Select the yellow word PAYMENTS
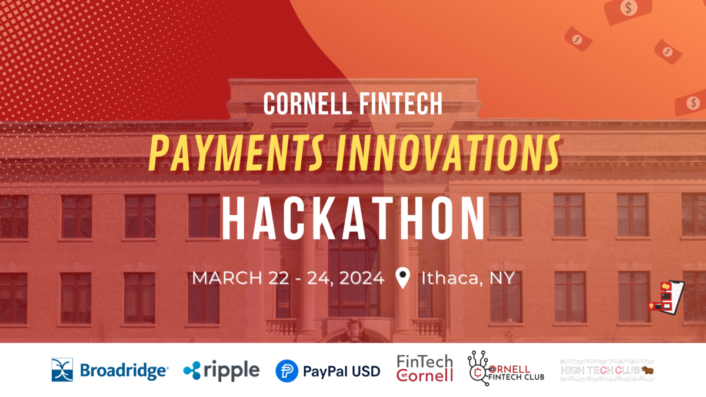coord(234,152)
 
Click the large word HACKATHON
coord(353,219)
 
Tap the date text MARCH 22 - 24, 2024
coord(288,277)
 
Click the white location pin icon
coord(402,278)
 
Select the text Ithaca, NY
coord(468,277)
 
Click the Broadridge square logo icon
coord(62,369)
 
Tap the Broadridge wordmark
coord(124,371)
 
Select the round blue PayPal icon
coord(286,371)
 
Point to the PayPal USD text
coord(341,371)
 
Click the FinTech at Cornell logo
coord(425,368)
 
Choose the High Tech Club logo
coord(606,370)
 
